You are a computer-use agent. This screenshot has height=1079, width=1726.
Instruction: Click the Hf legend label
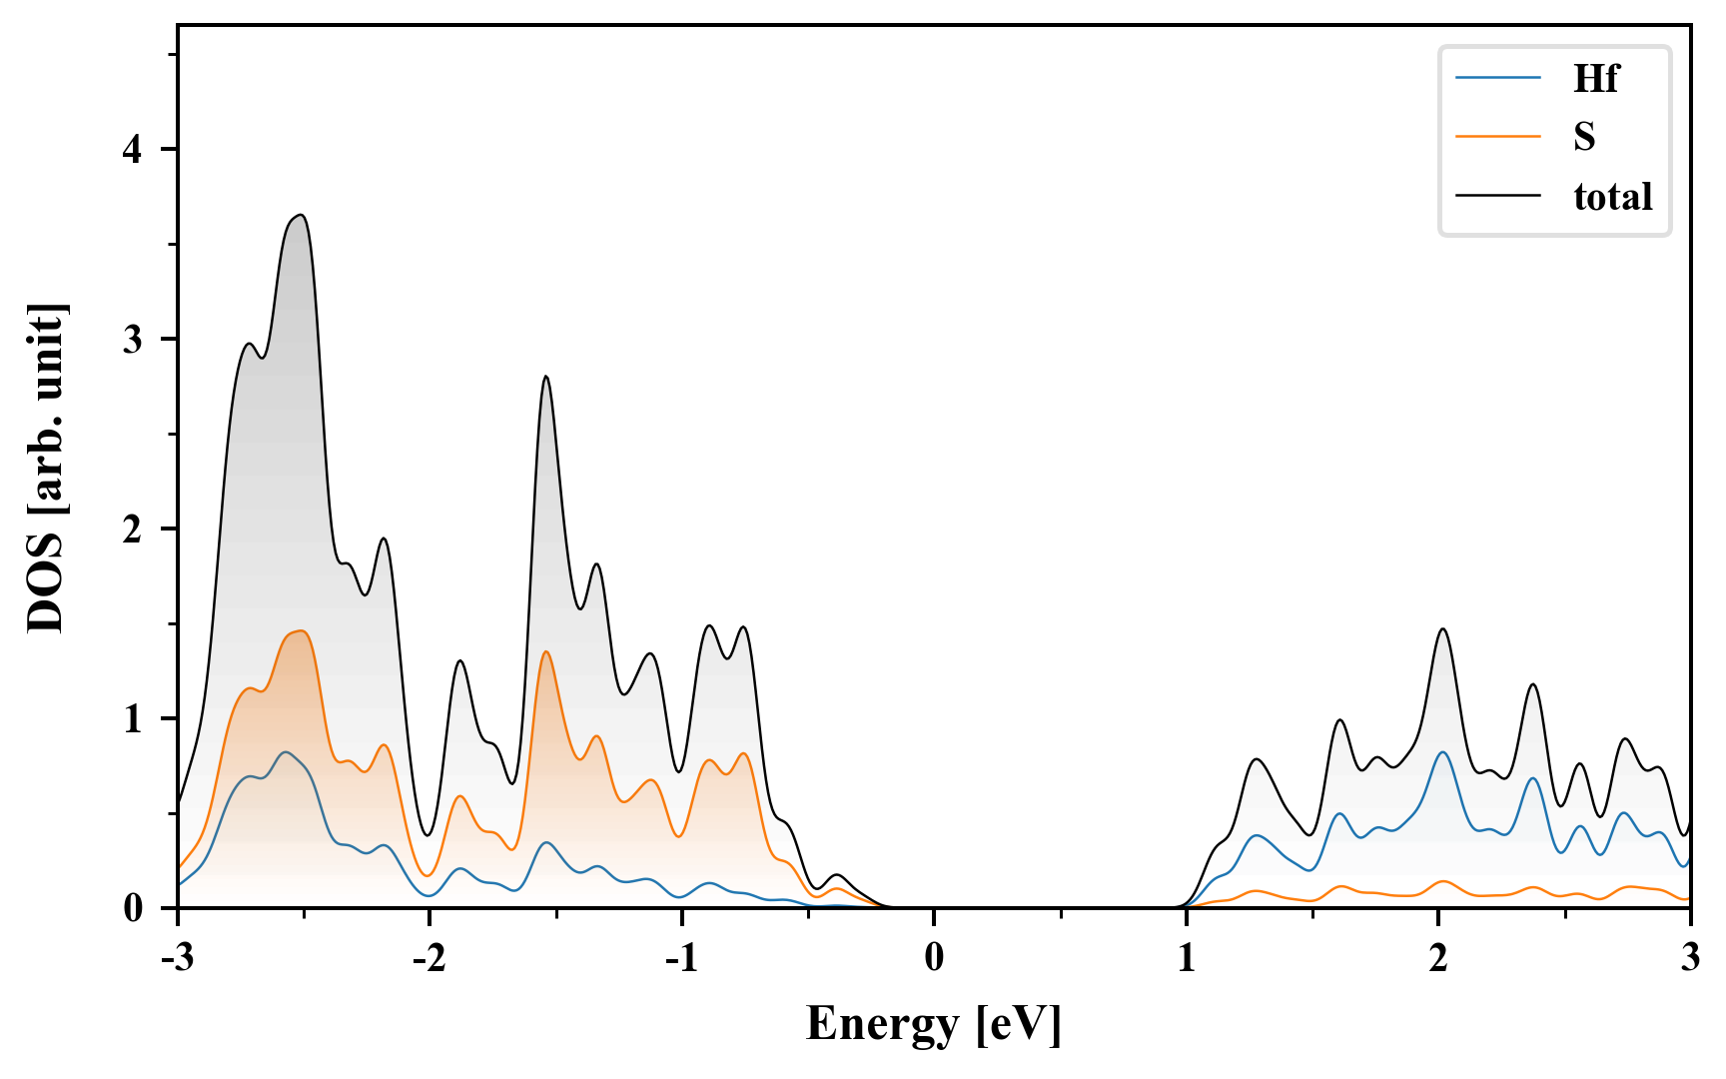(1595, 78)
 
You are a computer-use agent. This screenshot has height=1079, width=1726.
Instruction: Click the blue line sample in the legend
(1497, 78)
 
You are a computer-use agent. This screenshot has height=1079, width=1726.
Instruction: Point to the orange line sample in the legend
(1497, 136)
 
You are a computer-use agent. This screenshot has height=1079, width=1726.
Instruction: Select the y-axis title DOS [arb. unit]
(46, 468)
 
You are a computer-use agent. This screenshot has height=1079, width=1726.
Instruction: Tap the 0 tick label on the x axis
(934, 957)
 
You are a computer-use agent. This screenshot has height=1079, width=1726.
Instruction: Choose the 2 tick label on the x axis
(1438, 957)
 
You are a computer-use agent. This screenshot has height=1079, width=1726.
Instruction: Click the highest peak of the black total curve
(300, 215)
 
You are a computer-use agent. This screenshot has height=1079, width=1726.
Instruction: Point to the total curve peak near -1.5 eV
(545, 377)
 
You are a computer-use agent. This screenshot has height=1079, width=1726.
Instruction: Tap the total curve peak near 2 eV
(1442, 629)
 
